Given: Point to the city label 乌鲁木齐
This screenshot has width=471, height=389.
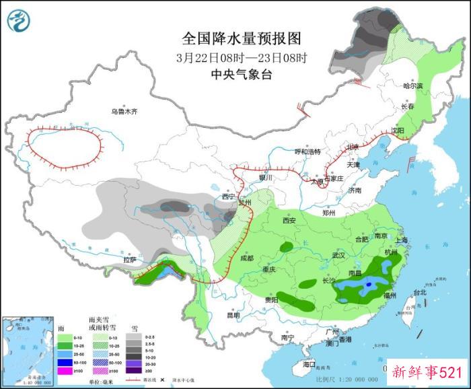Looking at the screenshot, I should tap(124, 112).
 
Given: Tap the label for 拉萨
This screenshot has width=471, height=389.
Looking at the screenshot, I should tap(130, 259).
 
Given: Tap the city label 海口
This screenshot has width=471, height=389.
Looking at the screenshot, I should tap(309, 364).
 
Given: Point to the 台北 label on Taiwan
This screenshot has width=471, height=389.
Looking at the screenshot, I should tap(419, 293).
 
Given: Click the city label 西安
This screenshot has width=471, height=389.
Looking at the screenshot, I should tap(289, 220).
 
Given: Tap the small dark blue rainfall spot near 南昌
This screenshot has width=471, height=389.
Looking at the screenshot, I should tap(369, 286).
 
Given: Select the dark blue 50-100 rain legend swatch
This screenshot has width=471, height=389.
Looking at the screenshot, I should tap(65, 361).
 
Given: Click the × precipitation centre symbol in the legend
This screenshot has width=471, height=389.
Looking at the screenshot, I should tap(161, 380).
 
